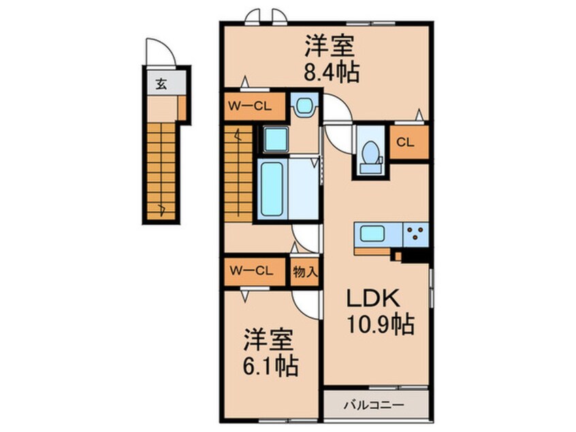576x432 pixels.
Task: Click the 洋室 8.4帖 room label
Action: coord(330,59)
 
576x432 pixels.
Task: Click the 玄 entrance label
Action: coord(161,84)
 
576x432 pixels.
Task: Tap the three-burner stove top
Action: coord(414,235)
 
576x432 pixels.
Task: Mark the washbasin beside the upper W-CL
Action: coord(303,106)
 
